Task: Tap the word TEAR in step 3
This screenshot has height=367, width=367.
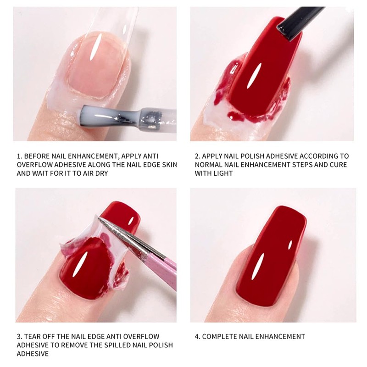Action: coord(35,336)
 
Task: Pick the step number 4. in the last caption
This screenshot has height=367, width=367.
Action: coord(197,336)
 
